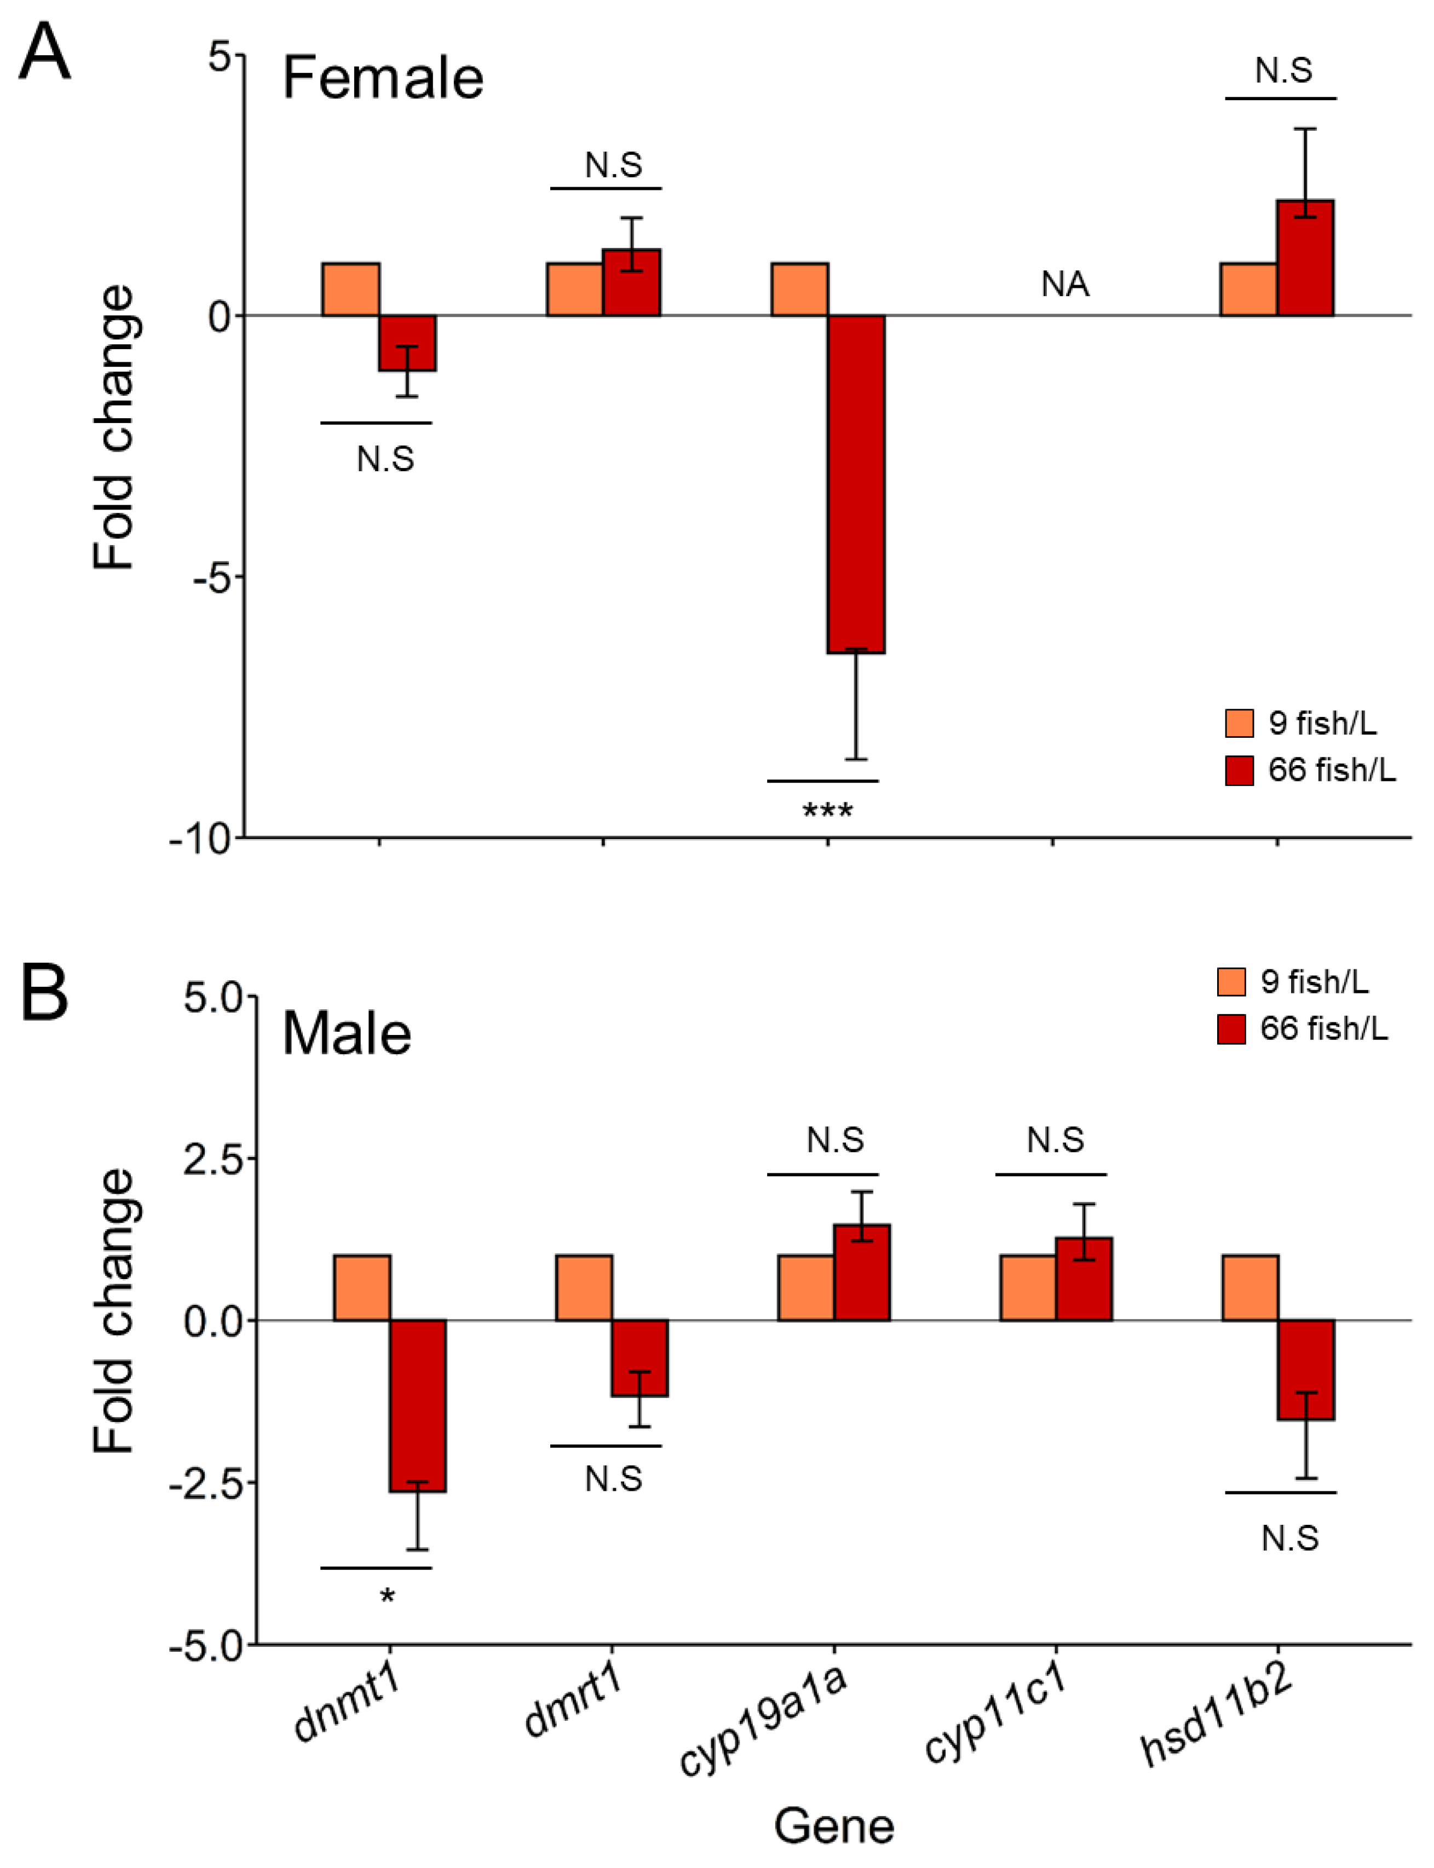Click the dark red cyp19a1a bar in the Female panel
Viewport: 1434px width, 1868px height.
tap(856, 484)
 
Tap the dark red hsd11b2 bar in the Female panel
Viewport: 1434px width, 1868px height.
tap(1305, 258)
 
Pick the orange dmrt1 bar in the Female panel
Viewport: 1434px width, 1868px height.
tap(574, 290)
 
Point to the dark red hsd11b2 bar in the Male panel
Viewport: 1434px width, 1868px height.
tap(1306, 1369)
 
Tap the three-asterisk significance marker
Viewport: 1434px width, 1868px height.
tap(827, 811)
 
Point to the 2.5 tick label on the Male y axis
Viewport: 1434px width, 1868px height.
tap(214, 1159)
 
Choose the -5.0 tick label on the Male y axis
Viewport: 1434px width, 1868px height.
tap(206, 1645)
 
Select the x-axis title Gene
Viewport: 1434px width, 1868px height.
tap(834, 1826)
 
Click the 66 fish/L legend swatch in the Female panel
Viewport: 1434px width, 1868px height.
tap(1239, 771)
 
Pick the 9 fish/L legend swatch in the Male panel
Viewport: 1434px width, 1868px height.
tap(1231, 982)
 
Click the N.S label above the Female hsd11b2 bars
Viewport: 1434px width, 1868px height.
tap(1283, 71)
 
